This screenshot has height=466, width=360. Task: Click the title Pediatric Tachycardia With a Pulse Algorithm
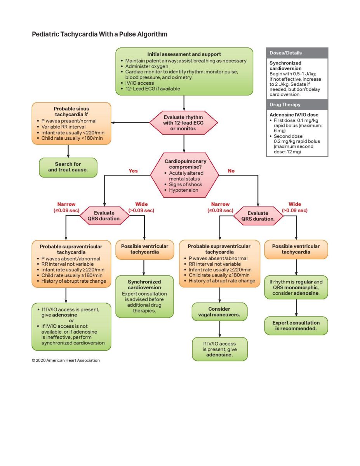(99, 34)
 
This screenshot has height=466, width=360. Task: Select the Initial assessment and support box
(184, 71)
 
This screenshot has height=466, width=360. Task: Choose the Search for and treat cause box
(68, 167)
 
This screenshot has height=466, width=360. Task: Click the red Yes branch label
(133, 171)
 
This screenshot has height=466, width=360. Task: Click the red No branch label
(231, 171)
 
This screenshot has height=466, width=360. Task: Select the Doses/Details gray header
(297, 53)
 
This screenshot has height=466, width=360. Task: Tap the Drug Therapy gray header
(297, 104)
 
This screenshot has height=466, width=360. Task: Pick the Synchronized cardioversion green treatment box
(144, 296)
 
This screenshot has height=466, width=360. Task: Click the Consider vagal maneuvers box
(220, 312)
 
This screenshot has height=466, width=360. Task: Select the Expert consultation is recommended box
(296, 325)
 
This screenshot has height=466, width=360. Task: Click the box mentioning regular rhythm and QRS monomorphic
(296, 287)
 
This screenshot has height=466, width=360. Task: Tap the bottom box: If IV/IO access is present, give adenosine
(220, 349)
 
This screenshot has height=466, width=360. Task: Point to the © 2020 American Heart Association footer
(66, 360)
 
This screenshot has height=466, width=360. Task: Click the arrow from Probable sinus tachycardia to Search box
(68, 151)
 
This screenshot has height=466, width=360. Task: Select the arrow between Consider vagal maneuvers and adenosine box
(220, 329)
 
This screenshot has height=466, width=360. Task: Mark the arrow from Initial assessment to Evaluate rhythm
(184, 103)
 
